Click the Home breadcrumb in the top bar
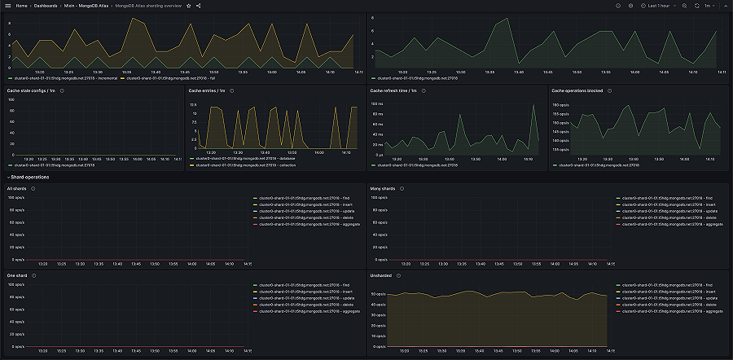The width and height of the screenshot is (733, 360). (20, 5)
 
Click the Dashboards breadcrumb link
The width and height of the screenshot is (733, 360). (46, 5)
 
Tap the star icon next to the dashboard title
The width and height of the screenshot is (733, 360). (188, 5)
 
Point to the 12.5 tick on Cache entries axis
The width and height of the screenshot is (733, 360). (193, 105)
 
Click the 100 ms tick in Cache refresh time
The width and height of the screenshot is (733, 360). (376, 104)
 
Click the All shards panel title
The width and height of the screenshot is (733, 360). (16, 188)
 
